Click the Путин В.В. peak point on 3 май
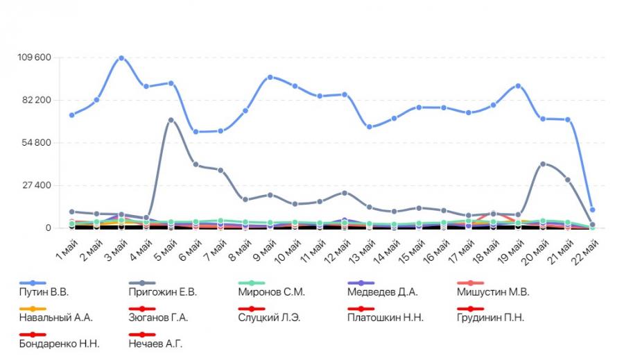coord(121,58)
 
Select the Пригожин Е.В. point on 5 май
coord(171,120)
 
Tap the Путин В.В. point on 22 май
coord(592,209)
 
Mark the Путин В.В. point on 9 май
coord(270,77)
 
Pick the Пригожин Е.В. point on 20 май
coord(543,164)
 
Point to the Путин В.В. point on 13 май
coord(369,127)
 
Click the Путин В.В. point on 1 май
coord(71,115)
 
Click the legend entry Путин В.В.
coord(46,292)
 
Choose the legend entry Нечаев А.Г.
coord(155,343)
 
